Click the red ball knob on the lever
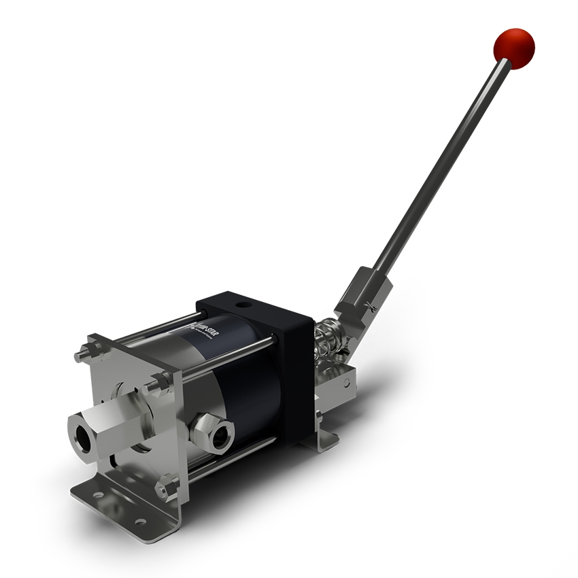click(513, 48)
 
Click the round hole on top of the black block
click(239, 299)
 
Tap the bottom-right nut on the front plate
click(164, 487)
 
